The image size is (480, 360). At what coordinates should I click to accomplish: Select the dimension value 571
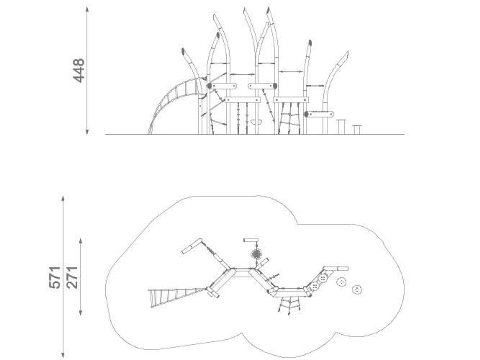point(55,277)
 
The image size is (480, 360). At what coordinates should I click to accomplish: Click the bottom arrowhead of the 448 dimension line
point(87,132)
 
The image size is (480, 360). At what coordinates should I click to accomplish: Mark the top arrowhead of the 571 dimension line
point(63,199)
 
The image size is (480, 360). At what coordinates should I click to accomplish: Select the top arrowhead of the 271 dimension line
point(80,242)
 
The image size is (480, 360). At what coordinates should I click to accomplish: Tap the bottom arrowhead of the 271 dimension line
point(80,312)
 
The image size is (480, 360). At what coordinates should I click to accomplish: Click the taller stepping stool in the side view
point(341,127)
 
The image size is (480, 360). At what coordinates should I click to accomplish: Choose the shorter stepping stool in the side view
point(357,130)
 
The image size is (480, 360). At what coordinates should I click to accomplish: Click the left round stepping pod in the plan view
point(342,282)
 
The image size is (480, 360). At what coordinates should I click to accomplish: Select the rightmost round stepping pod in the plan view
point(357,289)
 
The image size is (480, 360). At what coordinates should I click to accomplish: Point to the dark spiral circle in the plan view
point(256,254)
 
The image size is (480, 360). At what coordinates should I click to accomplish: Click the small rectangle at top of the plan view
point(251,240)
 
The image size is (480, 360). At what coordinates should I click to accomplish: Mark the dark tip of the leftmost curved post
point(183,51)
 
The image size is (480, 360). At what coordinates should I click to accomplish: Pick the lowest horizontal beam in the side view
point(319,114)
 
